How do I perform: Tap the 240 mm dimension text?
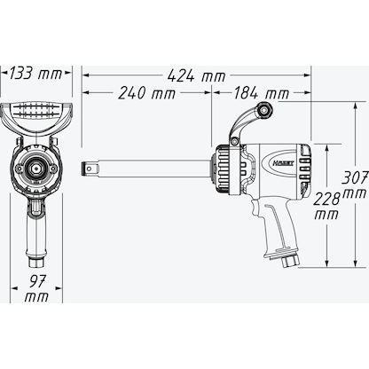click(147, 93)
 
